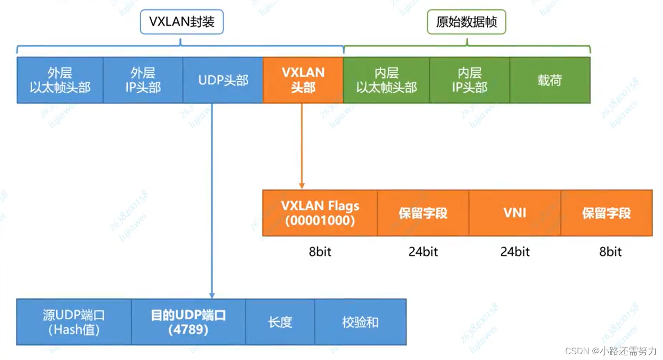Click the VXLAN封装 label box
tap(181, 22)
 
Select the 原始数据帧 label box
tap(466, 22)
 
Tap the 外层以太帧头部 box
tap(60, 80)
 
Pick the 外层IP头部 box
tap(143, 80)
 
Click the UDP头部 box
tap(223, 80)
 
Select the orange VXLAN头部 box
tap(303, 80)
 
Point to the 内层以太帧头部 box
tap(386, 80)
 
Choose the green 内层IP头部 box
tap(470, 80)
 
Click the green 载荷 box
tap(550, 80)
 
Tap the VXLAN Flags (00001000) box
tap(320, 213)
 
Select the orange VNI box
tap(515, 213)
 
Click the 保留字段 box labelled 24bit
tap(423, 213)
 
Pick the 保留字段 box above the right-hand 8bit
tap(606, 213)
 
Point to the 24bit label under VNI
tap(515, 252)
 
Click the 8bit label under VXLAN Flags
tap(320, 252)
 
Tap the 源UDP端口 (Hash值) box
tap(74, 322)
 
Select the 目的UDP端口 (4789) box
tap(188, 322)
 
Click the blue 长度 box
tap(280, 322)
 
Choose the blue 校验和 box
tap(360, 322)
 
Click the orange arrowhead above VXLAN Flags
tap(302, 186)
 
